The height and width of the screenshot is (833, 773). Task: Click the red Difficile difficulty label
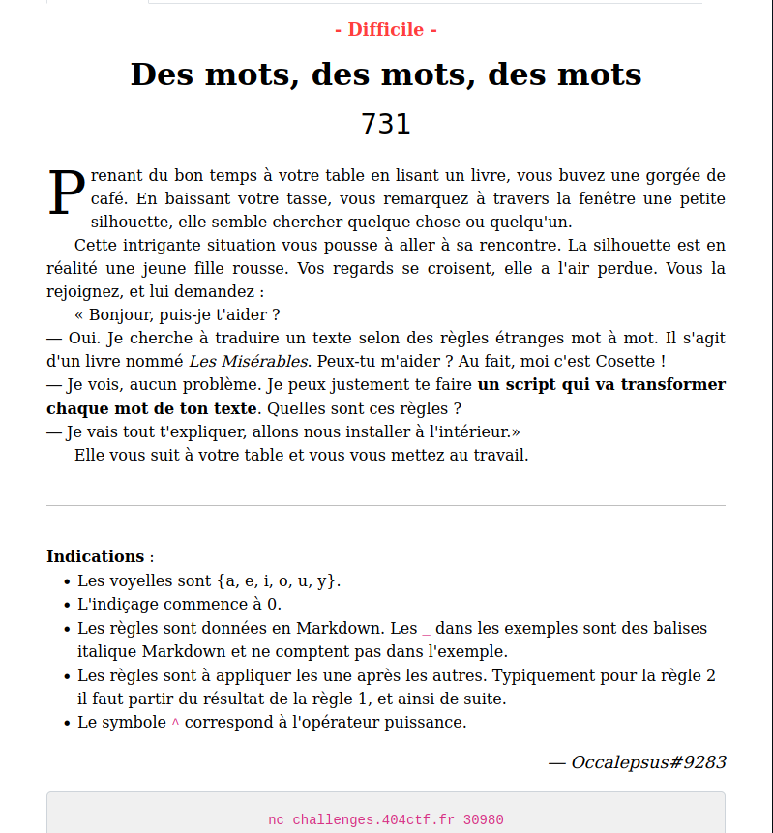[x=386, y=30]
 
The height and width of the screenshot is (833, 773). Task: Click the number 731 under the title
[x=386, y=124]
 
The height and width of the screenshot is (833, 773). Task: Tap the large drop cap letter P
[x=66, y=193]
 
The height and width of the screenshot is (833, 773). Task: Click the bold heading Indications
[x=95, y=556]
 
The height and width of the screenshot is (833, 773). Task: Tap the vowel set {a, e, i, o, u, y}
[x=278, y=581]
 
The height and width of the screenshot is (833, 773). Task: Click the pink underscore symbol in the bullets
[x=426, y=629]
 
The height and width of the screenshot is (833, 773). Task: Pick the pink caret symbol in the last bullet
[x=175, y=723]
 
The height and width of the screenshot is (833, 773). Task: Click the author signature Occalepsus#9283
[x=648, y=762]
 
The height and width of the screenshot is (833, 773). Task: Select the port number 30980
[x=483, y=819]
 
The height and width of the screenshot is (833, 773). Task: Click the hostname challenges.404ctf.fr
[x=373, y=819]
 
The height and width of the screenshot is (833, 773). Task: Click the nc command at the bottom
[x=276, y=819]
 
